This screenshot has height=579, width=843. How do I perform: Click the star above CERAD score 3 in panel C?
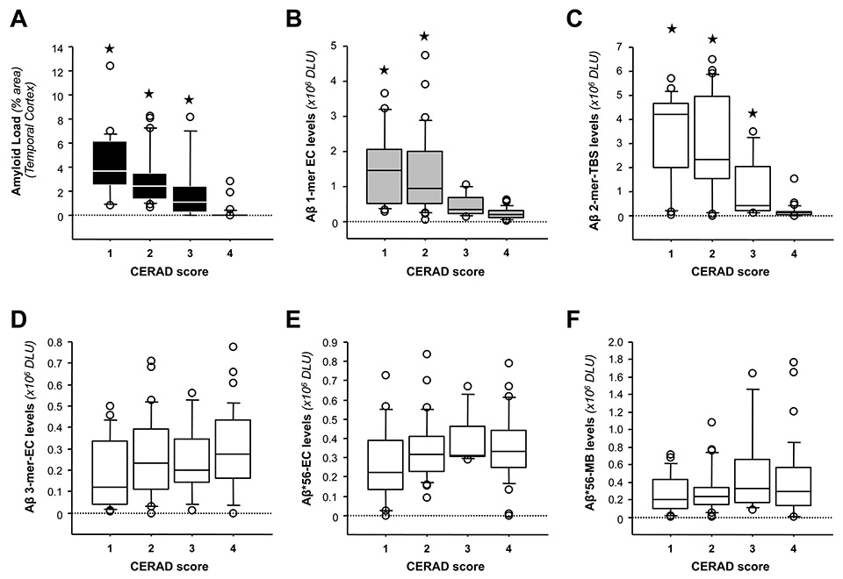click(x=752, y=113)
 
